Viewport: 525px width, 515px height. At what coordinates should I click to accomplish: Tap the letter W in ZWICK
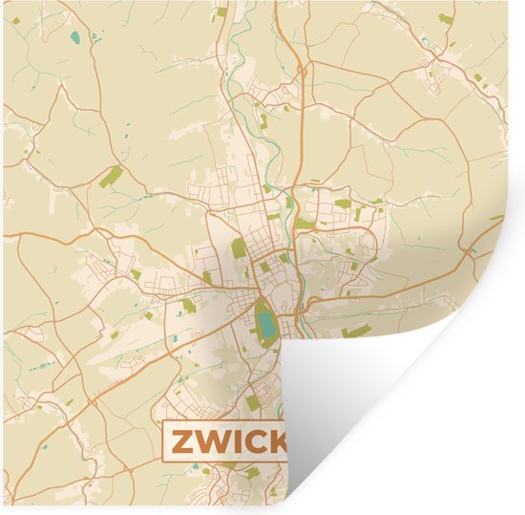pos(211,440)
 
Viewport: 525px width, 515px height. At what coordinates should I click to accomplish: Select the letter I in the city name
pos(235,440)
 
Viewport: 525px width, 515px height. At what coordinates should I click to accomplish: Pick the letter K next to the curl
pos(277,440)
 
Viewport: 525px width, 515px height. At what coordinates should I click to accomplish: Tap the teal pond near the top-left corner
pos(74,40)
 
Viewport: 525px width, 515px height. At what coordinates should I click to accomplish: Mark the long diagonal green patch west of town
pos(111,177)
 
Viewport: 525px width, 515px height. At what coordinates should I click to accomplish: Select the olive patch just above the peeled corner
pos(357,331)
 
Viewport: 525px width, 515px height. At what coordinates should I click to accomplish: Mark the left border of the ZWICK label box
pos(164,440)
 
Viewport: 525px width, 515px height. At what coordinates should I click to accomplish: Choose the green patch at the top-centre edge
pos(221,12)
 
